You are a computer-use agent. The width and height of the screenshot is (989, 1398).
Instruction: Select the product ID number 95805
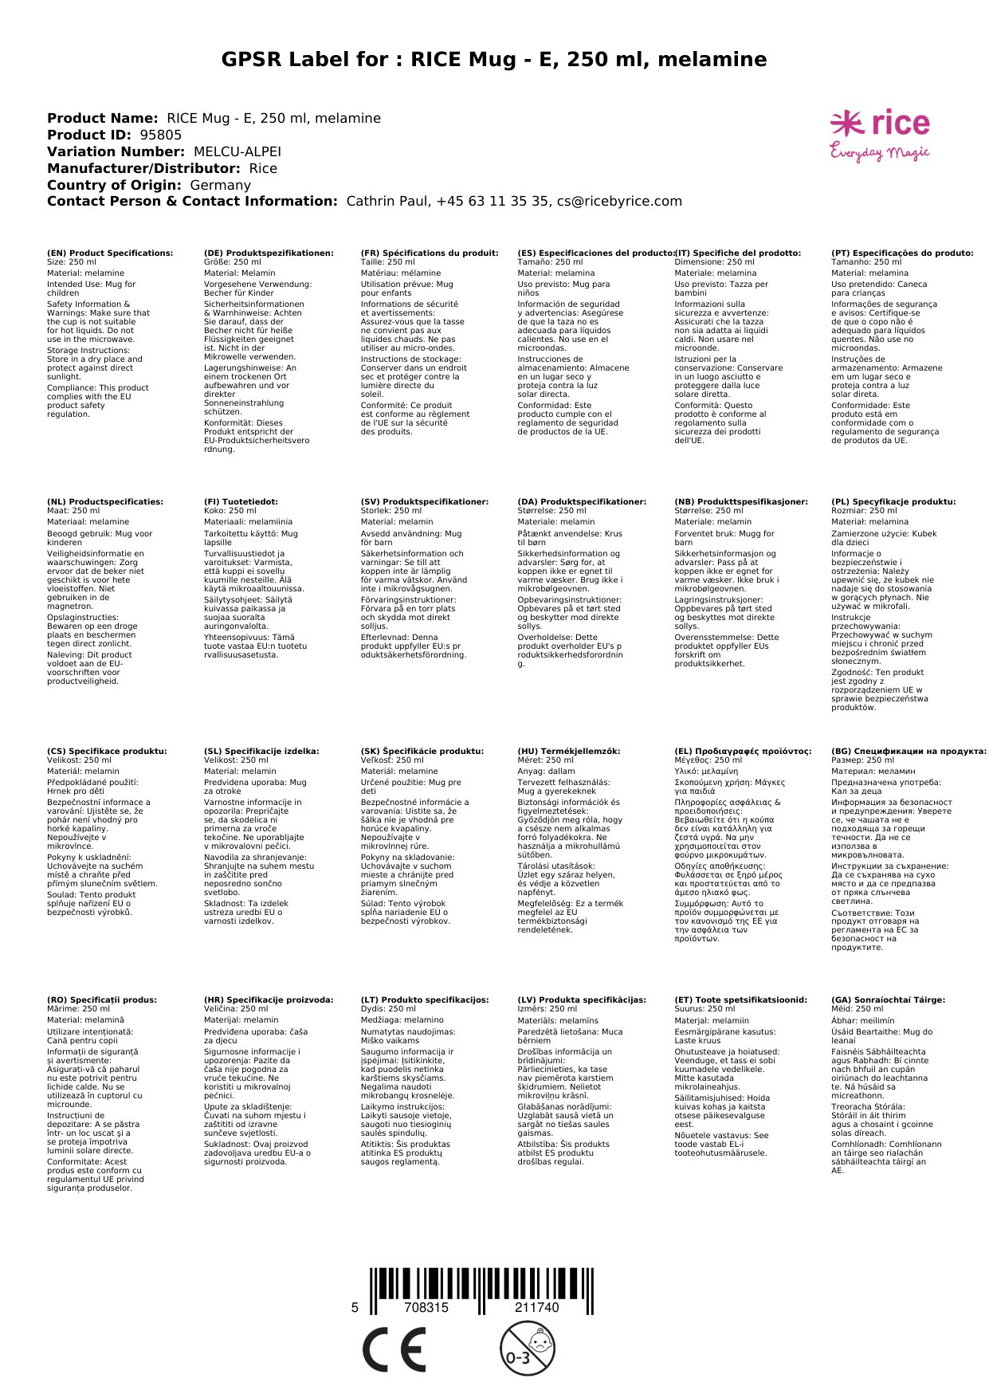[x=161, y=135]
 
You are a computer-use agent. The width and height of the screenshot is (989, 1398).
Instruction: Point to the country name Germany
[x=221, y=186]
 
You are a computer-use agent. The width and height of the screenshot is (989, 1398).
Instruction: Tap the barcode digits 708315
[x=426, y=1308]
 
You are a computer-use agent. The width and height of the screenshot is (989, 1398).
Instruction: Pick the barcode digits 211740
[x=537, y=1308]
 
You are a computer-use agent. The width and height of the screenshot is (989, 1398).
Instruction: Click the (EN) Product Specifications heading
[x=110, y=253]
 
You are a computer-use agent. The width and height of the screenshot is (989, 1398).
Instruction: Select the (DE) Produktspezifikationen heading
[x=269, y=253]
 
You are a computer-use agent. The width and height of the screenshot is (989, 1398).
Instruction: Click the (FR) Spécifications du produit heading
[x=430, y=253]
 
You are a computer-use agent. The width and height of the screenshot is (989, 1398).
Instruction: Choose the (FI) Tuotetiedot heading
[x=241, y=502]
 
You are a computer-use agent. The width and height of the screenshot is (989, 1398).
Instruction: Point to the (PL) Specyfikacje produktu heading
[x=893, y=502]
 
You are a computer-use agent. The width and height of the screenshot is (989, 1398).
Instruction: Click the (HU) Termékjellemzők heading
[x=569, y=751]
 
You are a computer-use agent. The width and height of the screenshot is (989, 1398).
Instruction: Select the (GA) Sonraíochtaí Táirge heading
[x=889, y=999]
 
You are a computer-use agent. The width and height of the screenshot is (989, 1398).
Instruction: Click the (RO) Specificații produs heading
[x=102, y=999]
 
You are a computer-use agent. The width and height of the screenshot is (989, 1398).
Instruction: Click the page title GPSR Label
[x=494, y=60]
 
